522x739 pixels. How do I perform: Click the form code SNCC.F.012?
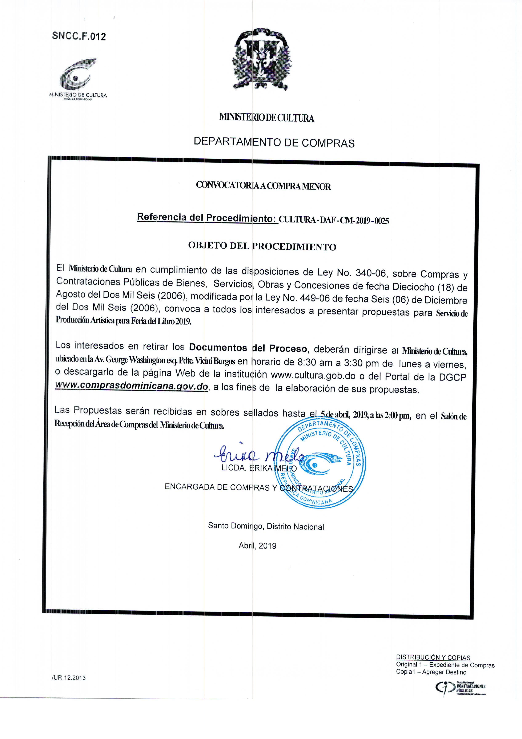coord(79,36)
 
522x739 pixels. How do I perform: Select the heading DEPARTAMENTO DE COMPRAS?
coord(274,142)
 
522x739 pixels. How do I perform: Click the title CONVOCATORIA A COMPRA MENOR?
coord(263,186)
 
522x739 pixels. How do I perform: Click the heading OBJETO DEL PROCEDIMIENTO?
coord(262,246)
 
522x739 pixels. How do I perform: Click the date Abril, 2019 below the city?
coord(257,546)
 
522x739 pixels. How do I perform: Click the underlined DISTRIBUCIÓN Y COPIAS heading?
coord(433,657)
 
